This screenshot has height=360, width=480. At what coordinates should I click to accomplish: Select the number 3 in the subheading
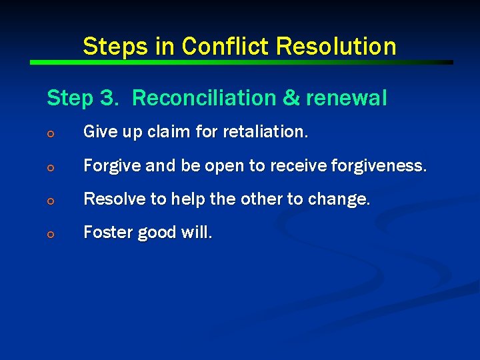107,99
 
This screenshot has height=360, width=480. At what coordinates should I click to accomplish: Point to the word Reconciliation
204,99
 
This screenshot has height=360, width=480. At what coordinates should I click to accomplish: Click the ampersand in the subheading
291,99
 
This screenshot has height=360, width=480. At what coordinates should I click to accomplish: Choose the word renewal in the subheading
347,99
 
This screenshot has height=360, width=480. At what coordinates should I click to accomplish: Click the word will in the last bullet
197,232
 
